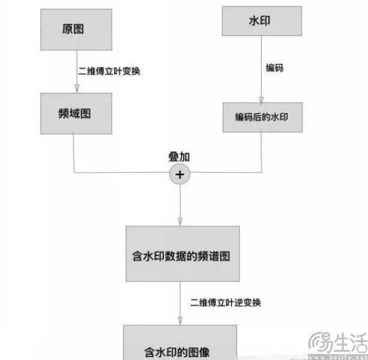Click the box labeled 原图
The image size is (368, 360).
coord(76,29)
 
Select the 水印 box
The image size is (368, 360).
coord(262,21)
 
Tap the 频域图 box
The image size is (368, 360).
coord(76,113)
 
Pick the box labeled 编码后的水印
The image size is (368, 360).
coord(262,117)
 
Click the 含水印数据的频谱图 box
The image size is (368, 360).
coord(182,254)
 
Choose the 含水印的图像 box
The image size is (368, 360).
coord(180,343)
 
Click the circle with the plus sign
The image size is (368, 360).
coord(180,175)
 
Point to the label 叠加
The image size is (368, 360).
coord(179,157)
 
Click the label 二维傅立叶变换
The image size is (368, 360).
coord(109,71)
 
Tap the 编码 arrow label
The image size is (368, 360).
coord(274,68)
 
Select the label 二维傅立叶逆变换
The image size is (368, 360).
coord(225,302)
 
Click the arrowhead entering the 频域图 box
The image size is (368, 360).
coord(76,89)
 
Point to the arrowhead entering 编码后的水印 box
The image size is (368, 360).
coord(261,100)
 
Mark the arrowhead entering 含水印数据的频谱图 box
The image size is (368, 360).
coord(180,221)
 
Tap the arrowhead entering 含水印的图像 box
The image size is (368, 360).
coord(180,321)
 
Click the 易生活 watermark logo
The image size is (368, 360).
coord(338,345)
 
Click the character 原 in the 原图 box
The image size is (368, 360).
coord(67,29)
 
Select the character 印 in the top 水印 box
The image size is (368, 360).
coord(265,20)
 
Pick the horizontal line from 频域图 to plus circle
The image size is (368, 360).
coord(122,173)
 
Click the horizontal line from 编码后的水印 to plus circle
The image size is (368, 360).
coord(226,172)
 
